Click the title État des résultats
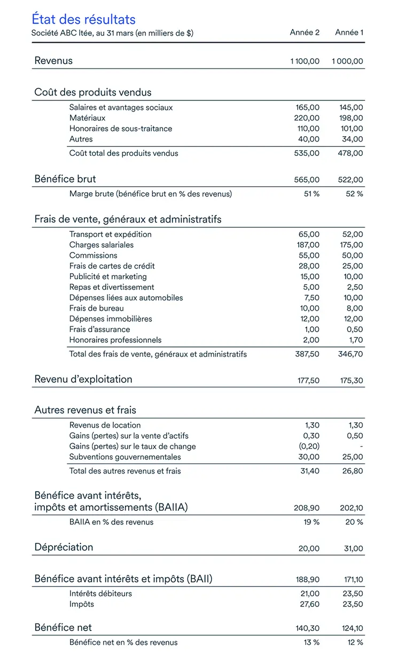pyautogui.click(x=83, y=20)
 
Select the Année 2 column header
pyautogui.click(x=305, y=33)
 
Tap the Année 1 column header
pyautogui.click(x=349, y=33)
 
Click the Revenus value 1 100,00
pyautogui.click(x=305, y=61)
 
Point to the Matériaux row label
pyautogui.click(x=87, y=118)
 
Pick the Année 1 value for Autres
pyautogui.click(x=352, y=139)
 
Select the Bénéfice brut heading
pyautogui.click(x=65, y=179)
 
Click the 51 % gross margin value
pyautogui.click(x=311, y=194)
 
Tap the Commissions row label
pyautogui.click(x=93, y=255)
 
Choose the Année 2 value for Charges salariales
pyautogui.click(x=308, y=245)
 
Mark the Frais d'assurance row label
pyautogui.click(x=99, y=329)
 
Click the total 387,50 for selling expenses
pyautogui.click(x=307, y=354)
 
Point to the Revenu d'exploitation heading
pyautogui.click(x=83, y=380)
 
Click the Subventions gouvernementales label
pyautogui.click(x=125, y=457)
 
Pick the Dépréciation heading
pyautogui.click(x=64, y=547)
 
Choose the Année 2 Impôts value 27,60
pyautogui.click(x=308, y=604)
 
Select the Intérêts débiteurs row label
pyautogui.click(x=100, y=594)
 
